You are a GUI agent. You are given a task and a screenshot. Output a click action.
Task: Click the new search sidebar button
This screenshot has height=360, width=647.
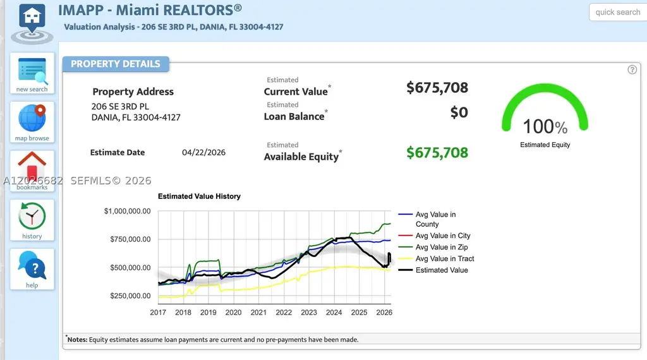coord(32,73)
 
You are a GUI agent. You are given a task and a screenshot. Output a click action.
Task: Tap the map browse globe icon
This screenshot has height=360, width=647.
coord(32,118)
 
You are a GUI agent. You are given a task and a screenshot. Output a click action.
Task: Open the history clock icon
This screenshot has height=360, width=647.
coord(32,215)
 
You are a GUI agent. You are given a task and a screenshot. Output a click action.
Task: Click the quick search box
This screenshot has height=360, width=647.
coord(618,12)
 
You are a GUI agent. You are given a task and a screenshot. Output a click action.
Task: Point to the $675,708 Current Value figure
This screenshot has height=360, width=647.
coord(437,87)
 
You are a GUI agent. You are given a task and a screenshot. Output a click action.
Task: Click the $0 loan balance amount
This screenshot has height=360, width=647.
coord(459,112)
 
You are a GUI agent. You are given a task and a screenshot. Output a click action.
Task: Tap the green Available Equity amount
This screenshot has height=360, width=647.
coord(437,153)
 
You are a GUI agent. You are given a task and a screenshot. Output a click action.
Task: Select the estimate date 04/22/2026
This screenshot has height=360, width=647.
coord(203,152)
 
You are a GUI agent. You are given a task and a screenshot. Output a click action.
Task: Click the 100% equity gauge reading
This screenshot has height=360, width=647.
coord(545,126)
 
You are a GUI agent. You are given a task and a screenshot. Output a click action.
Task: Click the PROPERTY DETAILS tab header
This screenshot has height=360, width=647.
coord(116,64)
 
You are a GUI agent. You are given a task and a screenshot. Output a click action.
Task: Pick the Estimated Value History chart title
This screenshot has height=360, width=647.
coord(199,196)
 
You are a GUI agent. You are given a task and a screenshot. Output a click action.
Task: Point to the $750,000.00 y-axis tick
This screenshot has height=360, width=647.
coord(130,239)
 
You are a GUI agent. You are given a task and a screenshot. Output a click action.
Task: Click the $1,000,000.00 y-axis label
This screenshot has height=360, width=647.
coord(127,211)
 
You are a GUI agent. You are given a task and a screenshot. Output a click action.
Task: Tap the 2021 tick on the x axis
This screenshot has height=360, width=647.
coord(258,313)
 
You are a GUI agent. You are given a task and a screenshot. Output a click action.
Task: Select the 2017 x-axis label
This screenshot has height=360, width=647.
coord(158,313)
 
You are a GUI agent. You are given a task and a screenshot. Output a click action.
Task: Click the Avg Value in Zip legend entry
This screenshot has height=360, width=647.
coord(433,247)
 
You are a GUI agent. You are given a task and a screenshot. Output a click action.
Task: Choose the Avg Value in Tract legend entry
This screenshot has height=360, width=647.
coord(436,258)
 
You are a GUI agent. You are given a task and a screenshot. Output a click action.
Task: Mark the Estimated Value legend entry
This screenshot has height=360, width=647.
coord(433,270)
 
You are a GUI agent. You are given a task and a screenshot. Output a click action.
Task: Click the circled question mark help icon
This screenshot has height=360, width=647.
coord(632,69)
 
